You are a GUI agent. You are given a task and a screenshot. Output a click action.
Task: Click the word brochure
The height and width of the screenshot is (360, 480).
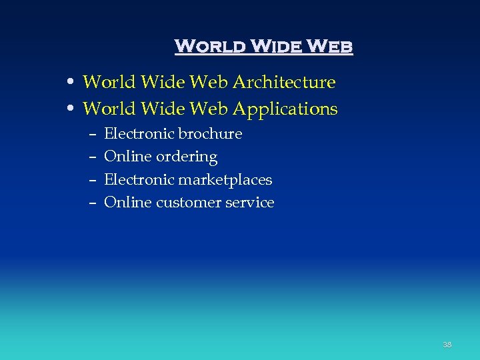click(210, 134)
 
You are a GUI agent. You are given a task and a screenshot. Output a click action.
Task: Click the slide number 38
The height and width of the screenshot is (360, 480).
click(447, 345)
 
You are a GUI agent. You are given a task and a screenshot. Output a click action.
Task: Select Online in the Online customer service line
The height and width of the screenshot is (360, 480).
click(127, 203)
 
